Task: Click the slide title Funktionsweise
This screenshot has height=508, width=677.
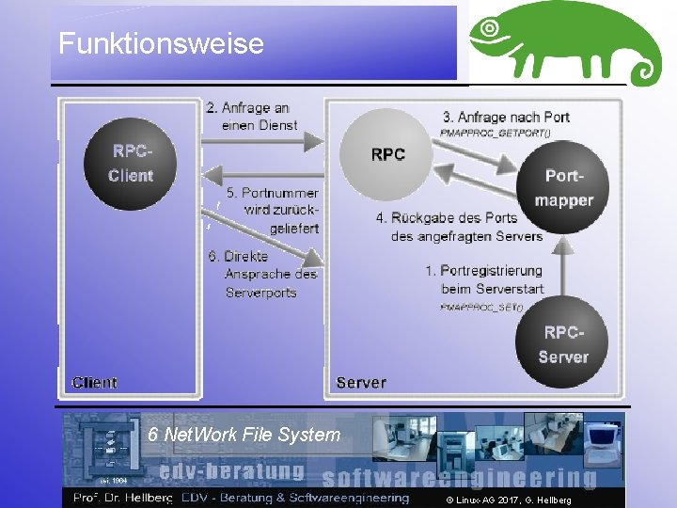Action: coord(161,43)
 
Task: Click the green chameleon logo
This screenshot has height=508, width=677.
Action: coord(564,42)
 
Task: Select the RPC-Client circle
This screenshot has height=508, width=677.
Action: coord(130,164)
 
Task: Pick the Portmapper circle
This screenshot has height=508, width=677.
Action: coord(563,187)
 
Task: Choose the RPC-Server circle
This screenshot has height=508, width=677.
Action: coord(563,343)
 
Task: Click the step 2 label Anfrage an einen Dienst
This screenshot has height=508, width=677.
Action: coord(251,116)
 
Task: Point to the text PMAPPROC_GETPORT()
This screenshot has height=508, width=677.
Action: coord(495,133)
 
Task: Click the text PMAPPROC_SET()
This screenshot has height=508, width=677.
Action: coord(480,307)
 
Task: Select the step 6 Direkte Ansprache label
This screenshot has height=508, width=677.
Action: coord(261,274)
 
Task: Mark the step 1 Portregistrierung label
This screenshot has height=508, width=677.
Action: coord(483,279)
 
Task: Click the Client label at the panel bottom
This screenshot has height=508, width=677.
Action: coord(95,383)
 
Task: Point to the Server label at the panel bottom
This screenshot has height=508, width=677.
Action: coord(361,383)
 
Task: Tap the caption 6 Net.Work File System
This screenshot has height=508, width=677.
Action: coord(244,435)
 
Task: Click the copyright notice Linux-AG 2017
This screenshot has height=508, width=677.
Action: coord(509,500)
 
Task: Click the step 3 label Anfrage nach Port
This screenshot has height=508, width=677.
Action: coord(506,117)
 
